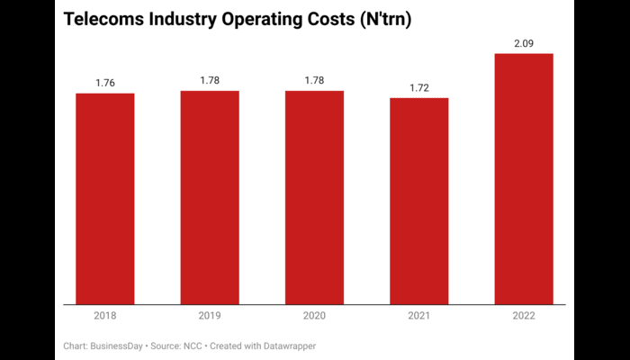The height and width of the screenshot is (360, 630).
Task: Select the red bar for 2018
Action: (x=104, y=198)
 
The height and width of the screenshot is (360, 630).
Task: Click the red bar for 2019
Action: (x=210, y=197)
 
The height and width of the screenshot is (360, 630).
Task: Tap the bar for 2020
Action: (x=314, y=197)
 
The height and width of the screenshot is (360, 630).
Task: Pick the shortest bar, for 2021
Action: (x=418, y=201)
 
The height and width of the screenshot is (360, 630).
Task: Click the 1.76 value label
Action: (x=104, y=84)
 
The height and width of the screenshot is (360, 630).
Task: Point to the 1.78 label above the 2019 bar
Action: (x=210, y=81)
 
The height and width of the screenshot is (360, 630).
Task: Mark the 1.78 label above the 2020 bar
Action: (x=314, y=81)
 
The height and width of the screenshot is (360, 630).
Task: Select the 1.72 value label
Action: (x=418, y=88)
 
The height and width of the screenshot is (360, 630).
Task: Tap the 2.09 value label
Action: (x=524, y=44)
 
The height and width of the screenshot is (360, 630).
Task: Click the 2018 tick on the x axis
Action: (x=104, y=317)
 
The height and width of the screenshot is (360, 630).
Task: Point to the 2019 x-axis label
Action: (x=210, y=317)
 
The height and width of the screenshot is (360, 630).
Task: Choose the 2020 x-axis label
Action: (x=314, y=317)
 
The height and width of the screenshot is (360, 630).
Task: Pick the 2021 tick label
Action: (x=418, y=317)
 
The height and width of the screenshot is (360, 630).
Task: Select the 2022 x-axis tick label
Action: (x=524, y=317)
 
